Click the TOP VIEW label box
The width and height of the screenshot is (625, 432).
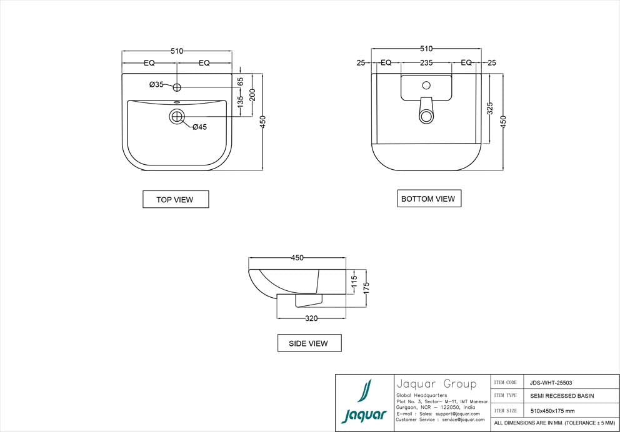175,200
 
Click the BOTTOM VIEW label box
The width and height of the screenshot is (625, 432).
428,199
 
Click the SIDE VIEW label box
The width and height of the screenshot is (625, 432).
309,343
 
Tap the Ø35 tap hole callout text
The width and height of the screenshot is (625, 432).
156,84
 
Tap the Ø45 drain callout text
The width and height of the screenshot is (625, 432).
199,127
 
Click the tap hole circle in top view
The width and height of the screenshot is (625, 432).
177,86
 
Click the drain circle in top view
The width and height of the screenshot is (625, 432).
177,115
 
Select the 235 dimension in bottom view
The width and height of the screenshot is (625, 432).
426,62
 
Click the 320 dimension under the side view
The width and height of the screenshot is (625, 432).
311,318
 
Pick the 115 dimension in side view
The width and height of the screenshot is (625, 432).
354,282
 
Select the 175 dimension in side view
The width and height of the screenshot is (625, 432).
367,288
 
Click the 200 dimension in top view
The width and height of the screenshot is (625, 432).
252,94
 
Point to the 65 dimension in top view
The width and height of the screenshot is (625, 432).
240,81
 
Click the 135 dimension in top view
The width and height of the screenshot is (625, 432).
240,102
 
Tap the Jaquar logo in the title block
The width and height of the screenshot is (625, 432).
364,402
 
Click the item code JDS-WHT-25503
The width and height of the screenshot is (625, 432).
551,383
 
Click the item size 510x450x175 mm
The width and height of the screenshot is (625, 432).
552,410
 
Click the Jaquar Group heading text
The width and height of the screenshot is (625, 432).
436,383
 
